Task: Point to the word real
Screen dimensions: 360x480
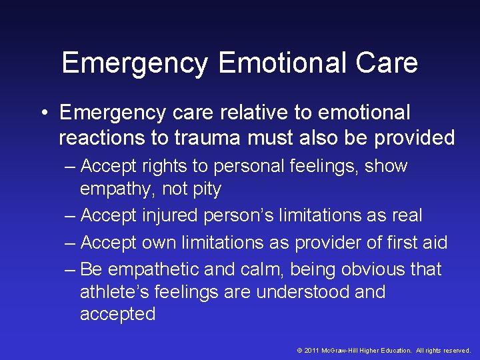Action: pyautogui.click(x=407, y=216)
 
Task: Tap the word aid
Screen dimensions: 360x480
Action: pyautogui.click(x=433, y=243)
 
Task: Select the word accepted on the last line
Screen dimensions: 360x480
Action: pyautogui.click(x=117, y=315)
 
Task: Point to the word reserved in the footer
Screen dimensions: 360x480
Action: pyautogui.click(x=455, y=350)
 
